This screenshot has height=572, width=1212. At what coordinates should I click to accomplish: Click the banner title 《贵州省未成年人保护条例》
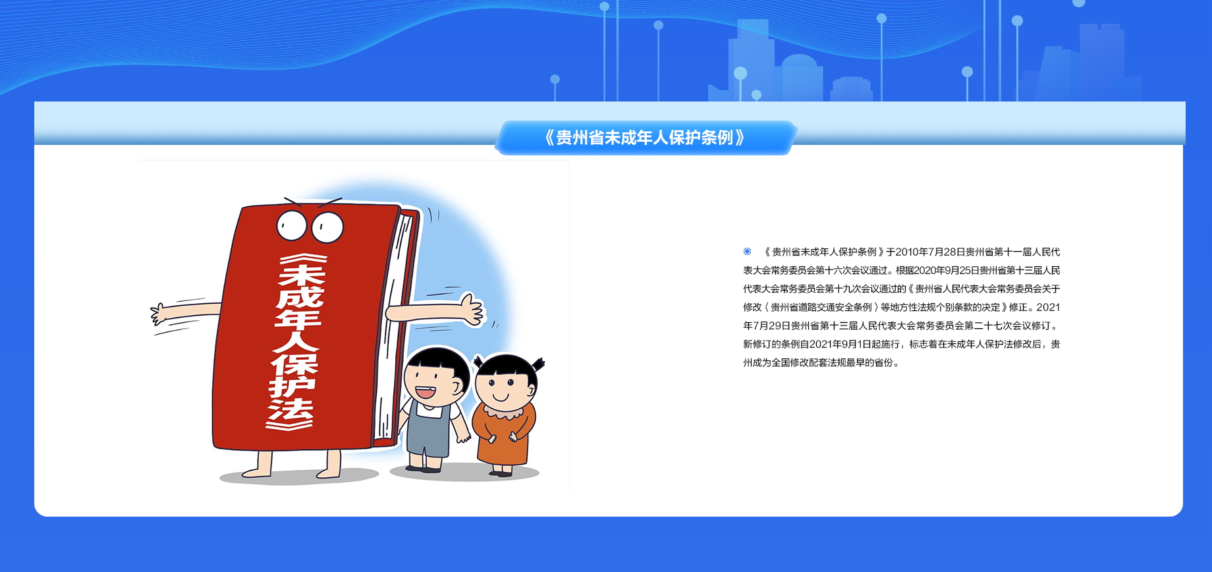coord(645,138)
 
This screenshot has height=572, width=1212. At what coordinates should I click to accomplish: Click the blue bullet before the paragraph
coord(747,251)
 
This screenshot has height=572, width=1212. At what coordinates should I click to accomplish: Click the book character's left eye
coord(291,225)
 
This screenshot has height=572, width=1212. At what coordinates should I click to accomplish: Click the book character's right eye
coord(327,227)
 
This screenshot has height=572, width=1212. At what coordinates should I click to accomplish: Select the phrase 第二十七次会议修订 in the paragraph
coord(1008,326)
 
